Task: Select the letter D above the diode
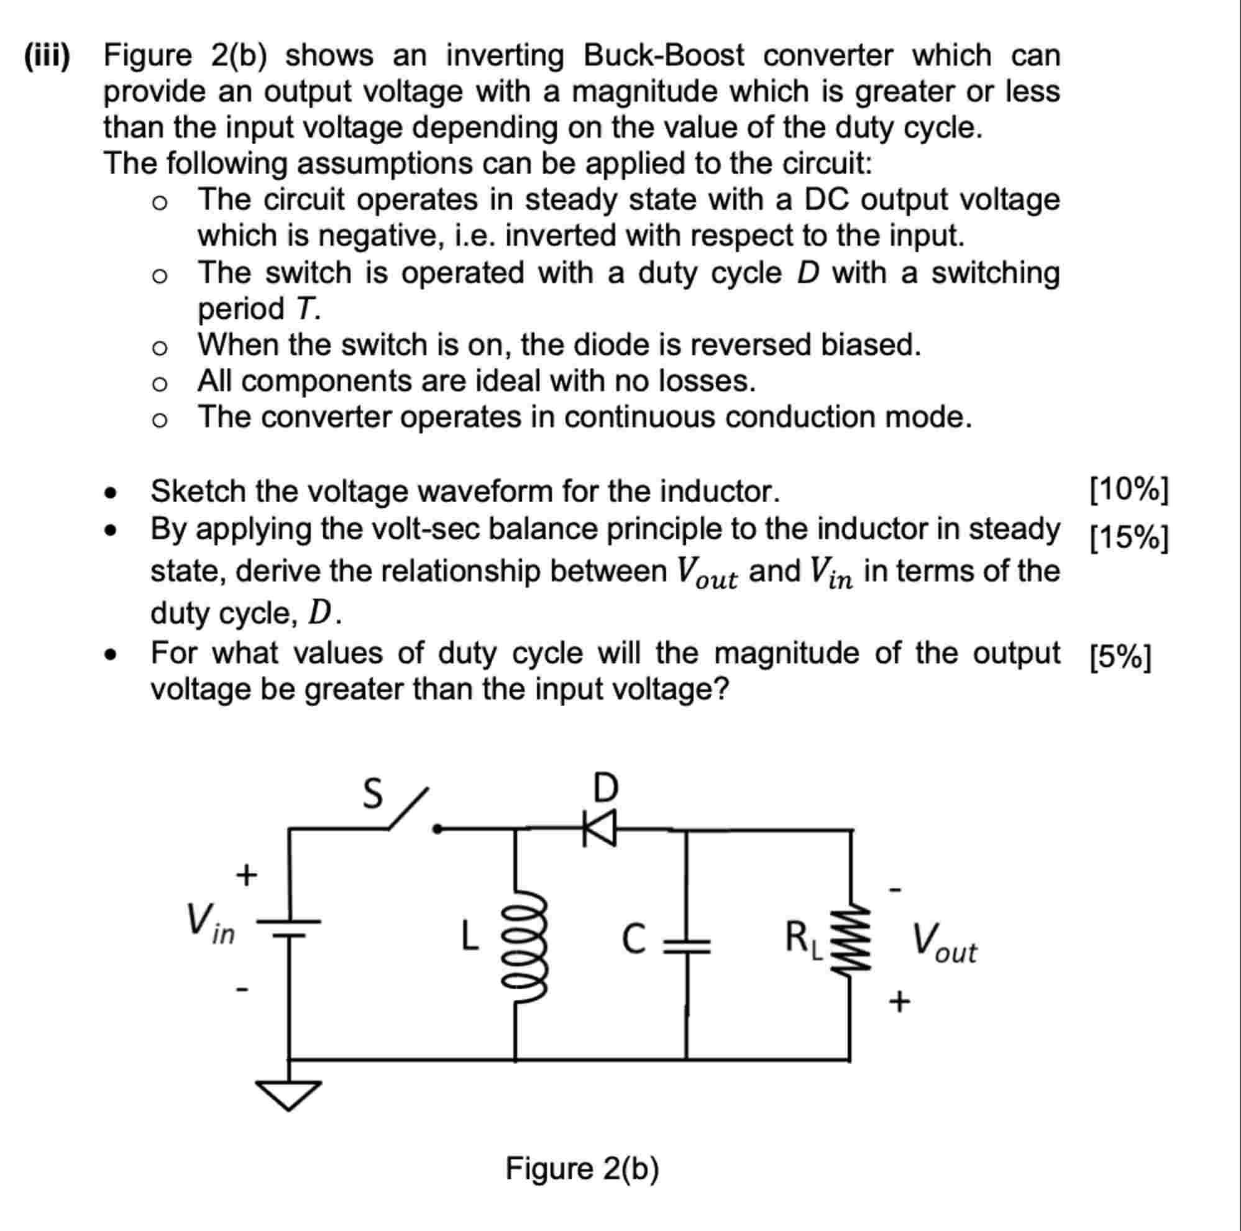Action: tap(605, 787)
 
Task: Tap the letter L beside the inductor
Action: tap(470, 936)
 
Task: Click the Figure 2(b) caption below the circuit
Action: tap(582, 1169)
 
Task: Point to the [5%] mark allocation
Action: tap(1121, 657)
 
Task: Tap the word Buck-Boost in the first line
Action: tap(664, 56)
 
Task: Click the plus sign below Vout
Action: tap(899, 1001)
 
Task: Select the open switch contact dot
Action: tap(437, 829)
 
